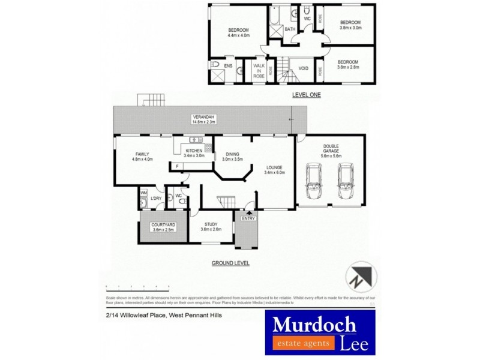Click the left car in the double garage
point(314,181)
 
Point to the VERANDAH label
point(203,116)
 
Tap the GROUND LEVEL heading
point(230,263)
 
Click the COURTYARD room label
point(163,225)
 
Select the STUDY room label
point(210,224)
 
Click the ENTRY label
point(248,218)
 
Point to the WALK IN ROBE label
point(259,71)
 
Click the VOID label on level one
point(303,68)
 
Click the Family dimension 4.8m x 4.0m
point(143,159)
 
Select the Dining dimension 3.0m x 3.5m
point(232,159)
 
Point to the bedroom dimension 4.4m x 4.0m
point(238,35)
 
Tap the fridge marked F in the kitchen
point(177,166)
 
